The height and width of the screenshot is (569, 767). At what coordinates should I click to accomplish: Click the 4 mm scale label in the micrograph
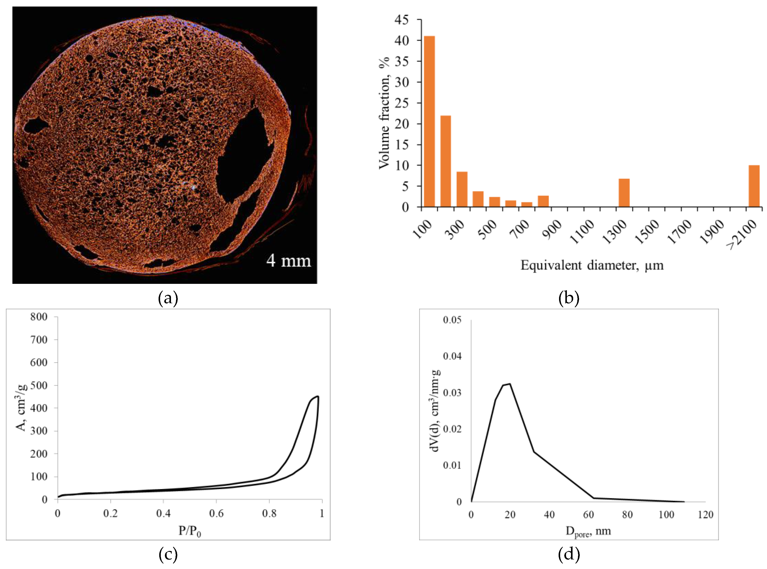(288, 261)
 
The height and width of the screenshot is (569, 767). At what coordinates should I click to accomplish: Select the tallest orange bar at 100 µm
(429, 121)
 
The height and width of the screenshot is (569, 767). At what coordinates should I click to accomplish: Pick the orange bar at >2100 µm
(754, 186)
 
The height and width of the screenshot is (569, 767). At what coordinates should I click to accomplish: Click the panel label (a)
(168, 298)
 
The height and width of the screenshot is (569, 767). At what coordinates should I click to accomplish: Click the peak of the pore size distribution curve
(509, 384)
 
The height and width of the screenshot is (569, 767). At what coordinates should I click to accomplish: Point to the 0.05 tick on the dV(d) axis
(452, 320)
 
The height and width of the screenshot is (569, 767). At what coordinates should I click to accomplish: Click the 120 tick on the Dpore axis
(705, 515)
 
